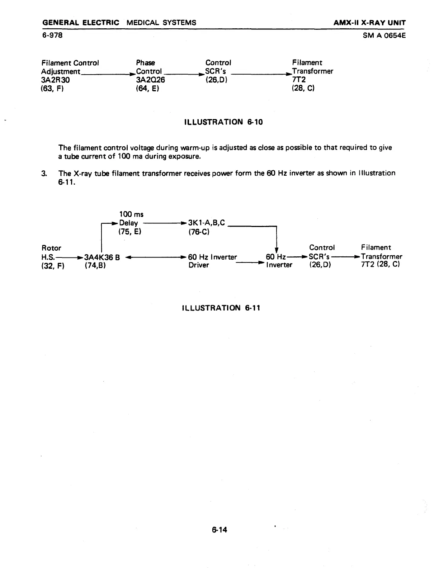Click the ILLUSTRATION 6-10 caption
[x=223, y=122]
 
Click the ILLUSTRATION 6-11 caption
[x=221, y=308]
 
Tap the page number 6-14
[x=219, y=529]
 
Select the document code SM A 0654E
[x=384, y=35]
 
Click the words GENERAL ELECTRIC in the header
[x=81, y=23]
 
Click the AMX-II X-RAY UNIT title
[x=369, y=23]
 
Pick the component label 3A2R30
[x=56, y=80]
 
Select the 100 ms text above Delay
[x=131, y=214]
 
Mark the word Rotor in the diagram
[x=51, y=248]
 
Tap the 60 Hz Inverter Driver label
[x=212, y=261]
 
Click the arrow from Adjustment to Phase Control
[x=108, y=73]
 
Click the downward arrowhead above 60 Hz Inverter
[x=277, y=250]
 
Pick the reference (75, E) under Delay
[x=130, y=232]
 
